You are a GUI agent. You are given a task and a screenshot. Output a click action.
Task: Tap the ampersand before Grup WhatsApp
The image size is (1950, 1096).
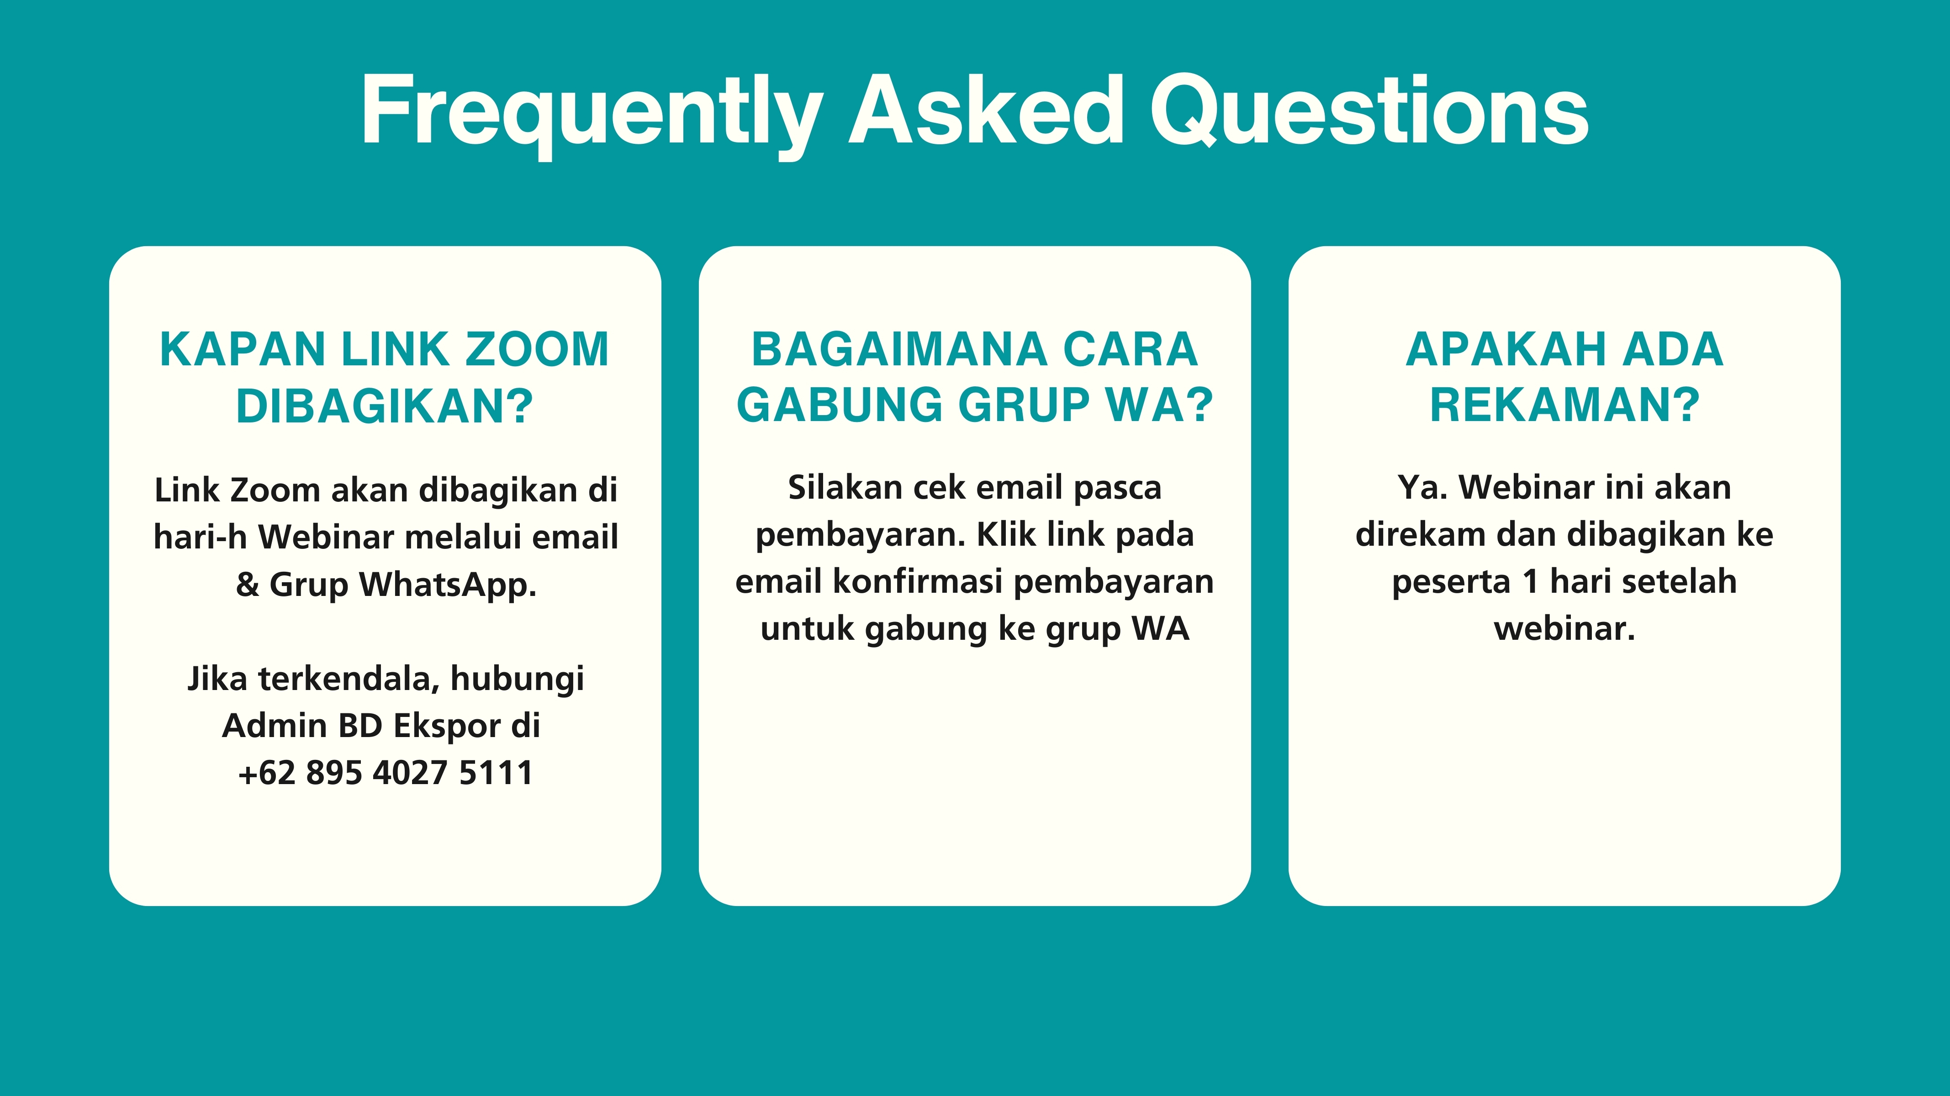pyautogui.click(x=248, y=585)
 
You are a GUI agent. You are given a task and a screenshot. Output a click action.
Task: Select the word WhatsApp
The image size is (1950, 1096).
pyautogui.click(x=447, y=585)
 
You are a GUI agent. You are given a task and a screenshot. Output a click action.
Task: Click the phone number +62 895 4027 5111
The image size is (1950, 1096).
pyautogui.click(x=386, y=773)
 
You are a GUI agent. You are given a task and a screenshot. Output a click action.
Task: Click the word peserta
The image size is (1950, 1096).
pyautogui.click(x=1441, y=583)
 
